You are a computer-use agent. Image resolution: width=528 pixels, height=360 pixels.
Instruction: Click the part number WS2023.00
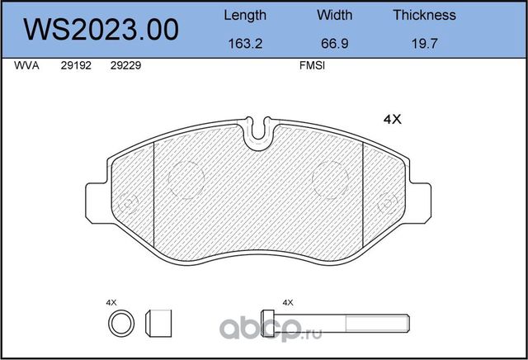[x=101, y=30]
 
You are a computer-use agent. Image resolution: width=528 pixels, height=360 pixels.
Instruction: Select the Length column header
[x=245, y=16]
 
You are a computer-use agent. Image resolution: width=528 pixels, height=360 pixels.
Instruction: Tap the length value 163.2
[x=245, y=44]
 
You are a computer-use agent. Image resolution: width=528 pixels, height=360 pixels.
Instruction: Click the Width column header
[x=335, y=15]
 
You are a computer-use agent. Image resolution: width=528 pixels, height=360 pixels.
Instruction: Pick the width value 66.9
[x=335, y=44]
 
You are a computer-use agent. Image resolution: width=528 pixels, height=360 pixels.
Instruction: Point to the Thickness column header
[x=424, y=15]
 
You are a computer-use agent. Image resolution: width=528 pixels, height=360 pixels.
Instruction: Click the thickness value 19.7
[x=424, y=44]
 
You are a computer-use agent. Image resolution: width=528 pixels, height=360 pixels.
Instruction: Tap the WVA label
[x=26, y=65]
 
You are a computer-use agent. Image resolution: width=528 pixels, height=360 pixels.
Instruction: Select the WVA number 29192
[x=76, y=65]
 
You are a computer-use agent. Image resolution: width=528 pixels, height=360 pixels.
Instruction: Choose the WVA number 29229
[x=125, y=65]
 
